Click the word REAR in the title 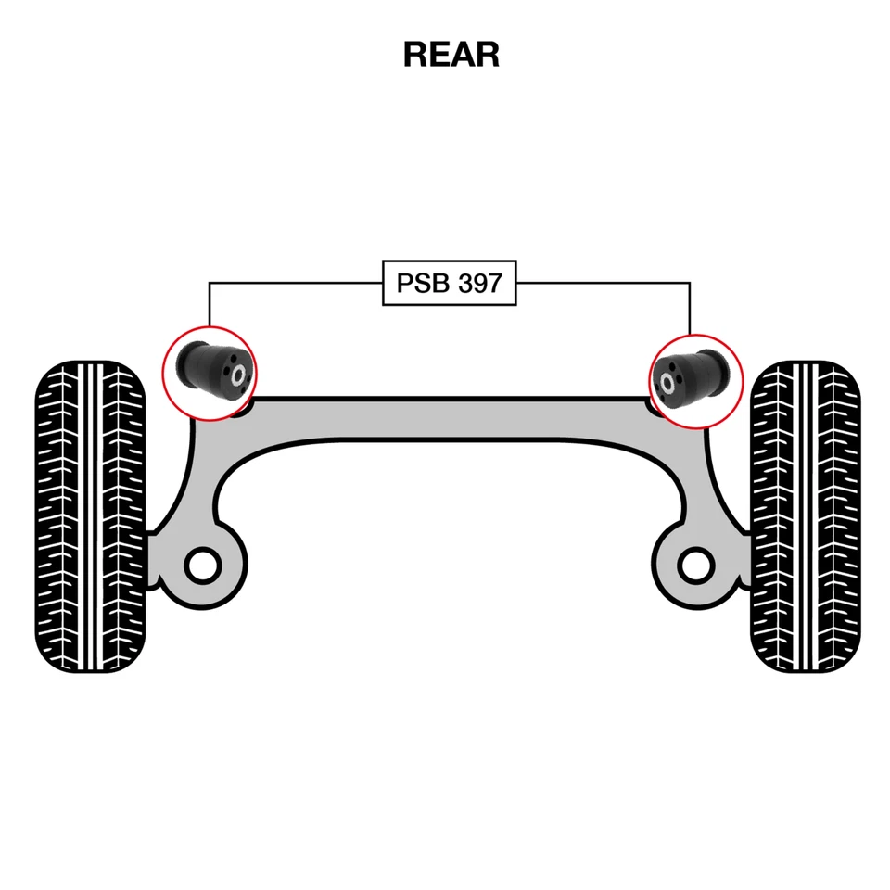[451, 55]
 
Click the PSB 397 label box [449, 283]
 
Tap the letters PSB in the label [418, 283]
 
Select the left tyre [90, 516]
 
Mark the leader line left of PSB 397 [297, 283]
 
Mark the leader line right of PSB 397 [603, 283]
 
